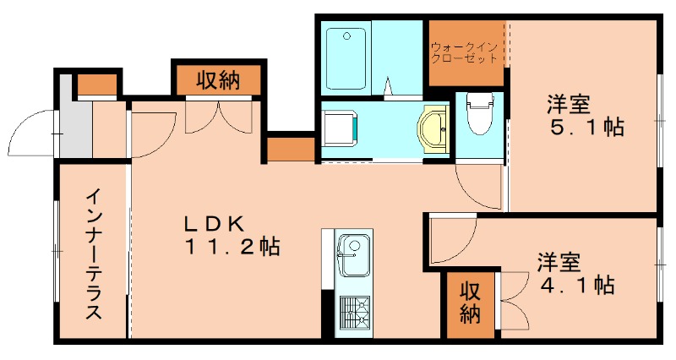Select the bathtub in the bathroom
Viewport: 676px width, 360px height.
click(x=346, y=57)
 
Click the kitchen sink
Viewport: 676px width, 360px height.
click(x=352, y=252)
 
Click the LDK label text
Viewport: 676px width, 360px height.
click(x=215, y=224)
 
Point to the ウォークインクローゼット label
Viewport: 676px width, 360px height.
click(x=464, y=53)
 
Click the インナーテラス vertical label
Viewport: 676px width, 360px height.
click(x=94, y=254)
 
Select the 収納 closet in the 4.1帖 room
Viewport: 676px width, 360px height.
click(x=471, y=303)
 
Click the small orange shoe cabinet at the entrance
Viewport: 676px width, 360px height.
click(x=98, y=85)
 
